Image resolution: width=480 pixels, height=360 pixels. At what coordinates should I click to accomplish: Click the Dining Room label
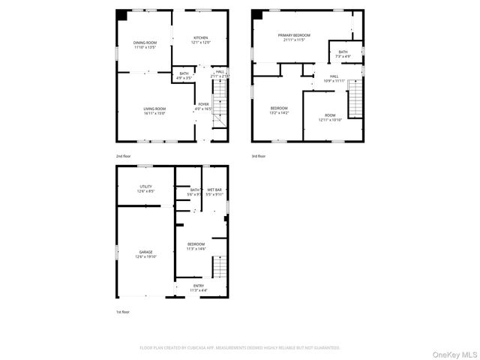coord(145,45)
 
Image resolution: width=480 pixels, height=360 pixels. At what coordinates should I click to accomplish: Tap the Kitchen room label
coord(201,40)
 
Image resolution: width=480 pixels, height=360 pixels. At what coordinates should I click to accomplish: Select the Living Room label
coord(154,111)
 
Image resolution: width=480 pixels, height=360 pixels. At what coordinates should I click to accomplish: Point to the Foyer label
coord(203,106)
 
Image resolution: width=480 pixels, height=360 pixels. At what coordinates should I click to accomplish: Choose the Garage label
coord(145,254)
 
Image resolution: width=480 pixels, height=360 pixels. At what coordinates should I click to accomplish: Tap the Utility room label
coord(145,189)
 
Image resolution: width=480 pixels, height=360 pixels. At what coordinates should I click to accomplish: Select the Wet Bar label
coord(214,192)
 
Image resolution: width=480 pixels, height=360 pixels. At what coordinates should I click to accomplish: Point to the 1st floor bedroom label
coord(196,247)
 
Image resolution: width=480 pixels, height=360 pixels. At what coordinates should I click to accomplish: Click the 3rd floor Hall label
coord(334,78)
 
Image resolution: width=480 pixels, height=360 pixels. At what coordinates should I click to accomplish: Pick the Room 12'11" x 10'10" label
coord(330,118)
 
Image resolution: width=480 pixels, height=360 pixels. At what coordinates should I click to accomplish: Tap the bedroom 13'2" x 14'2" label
coord(279,111)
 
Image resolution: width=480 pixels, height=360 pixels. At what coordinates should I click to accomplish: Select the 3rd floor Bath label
coord(343,54)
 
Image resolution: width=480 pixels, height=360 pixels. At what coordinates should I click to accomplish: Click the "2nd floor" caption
coord(124,156)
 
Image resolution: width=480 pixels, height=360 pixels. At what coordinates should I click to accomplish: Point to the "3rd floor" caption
coord(259,156)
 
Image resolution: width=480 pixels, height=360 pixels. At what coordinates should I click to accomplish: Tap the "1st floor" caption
coord(123,311)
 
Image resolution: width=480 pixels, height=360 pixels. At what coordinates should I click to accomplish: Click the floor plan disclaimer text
coord(240,348)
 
